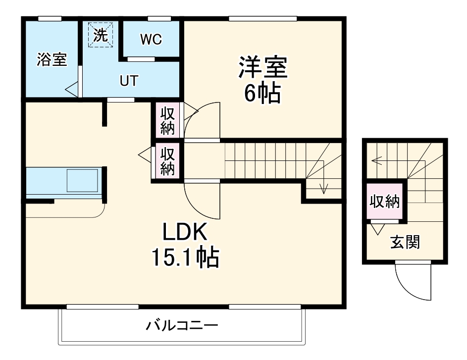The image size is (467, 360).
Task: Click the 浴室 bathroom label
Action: tap(52, 60)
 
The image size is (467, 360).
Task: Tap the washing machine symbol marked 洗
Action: tap(101, 34)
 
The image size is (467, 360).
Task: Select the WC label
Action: tap(151, 40)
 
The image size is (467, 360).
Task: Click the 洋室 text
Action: tap(262, 68)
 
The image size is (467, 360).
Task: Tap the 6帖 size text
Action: tap(262, 94)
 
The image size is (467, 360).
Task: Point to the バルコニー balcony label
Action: tap(182, 326)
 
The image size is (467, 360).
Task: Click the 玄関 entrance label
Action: tap(405, 243)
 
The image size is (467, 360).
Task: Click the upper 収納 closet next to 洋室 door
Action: tap(167, 121)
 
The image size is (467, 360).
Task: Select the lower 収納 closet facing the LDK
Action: tap(167, 161)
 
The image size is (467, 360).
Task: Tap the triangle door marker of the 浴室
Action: tap(71, 90)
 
